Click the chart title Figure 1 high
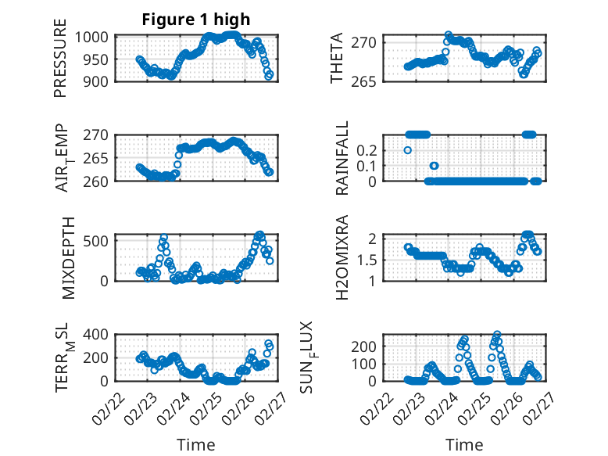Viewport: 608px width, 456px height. pyautogui.click(x=196, y=20)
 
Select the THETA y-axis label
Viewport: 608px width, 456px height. pyautogui.click(x=337, y=59)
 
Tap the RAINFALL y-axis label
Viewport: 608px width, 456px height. pyautogui.click(x=342, y=158)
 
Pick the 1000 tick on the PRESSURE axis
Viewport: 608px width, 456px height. pyautogui.click(x=96, y=37)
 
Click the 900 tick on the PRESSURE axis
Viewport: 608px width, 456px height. pyautogui.click(x=100, y=81)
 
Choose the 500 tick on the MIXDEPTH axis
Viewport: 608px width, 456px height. pyautogui.click(x=100, y=240)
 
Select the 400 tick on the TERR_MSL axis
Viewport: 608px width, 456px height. pyautogui.click(x=100, y=335)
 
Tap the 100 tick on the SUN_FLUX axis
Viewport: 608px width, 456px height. pyautogui.click(x=369, y=364)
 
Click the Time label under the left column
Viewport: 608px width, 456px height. pyautogui.click(x=196, y=445)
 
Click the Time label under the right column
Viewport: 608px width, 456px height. pyautogui.click(x=464, y=445)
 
